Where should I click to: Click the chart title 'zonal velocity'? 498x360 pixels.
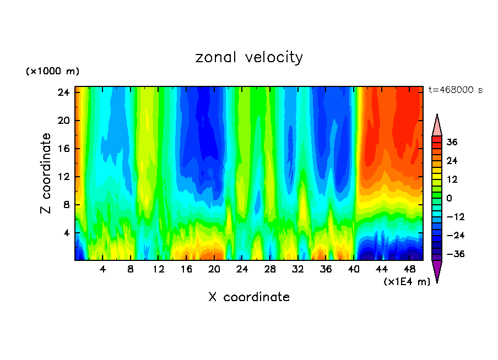249,57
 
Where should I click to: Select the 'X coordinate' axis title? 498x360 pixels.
249,297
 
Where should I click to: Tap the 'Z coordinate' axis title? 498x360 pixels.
46,173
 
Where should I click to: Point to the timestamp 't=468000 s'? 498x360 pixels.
455,90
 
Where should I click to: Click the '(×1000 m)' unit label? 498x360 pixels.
52,72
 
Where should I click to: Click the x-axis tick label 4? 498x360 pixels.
102,269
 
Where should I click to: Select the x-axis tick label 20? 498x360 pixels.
214,269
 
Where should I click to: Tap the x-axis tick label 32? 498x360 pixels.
298,269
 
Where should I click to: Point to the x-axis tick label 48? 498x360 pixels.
409,269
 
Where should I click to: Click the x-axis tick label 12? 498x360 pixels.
159,269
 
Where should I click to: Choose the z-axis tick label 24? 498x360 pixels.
63,92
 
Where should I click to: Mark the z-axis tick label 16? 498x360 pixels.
63,149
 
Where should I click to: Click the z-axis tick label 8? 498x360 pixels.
66,205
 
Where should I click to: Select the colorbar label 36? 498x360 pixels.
451,142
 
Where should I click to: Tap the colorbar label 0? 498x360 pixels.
449,198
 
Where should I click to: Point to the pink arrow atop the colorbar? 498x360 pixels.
437,126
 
